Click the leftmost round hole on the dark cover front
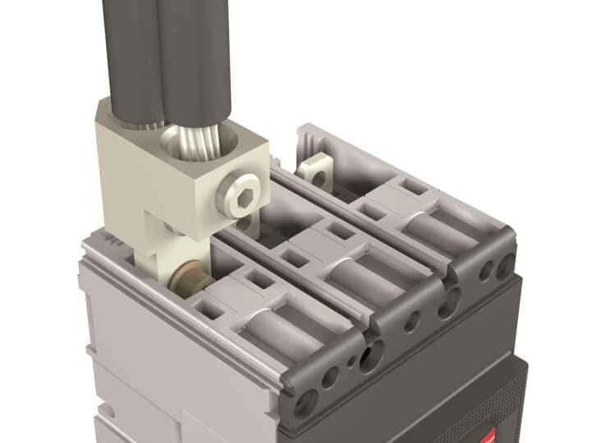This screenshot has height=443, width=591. (306, 401)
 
